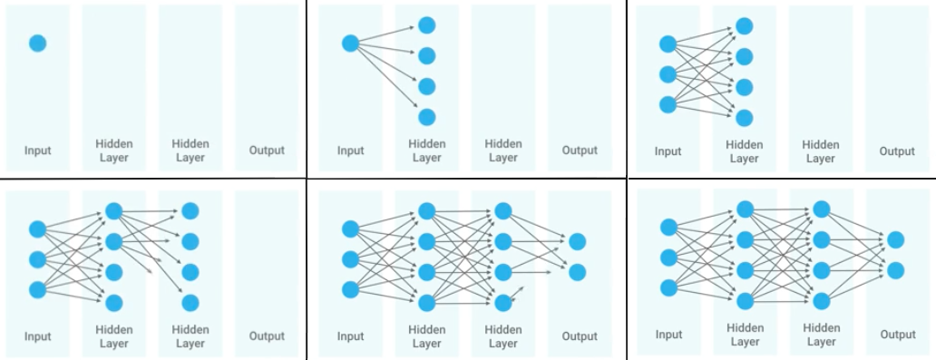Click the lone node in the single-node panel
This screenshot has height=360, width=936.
(x=37, y=43)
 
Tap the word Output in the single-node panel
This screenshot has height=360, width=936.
(x=267, y=151)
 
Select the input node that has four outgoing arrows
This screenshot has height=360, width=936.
(x=351, y=43)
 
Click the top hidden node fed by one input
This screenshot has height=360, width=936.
(x=426, y=25)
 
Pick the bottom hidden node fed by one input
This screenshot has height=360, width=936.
(x=426, y=117)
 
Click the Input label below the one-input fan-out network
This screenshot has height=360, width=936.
(x=351, y=151)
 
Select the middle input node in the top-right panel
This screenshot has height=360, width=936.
(x=668, y=74)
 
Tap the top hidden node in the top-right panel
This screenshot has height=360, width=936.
(x=745, y=26)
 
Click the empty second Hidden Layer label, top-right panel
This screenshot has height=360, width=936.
(x=820, y=151)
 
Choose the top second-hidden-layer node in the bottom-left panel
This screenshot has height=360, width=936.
(x=190, y=211)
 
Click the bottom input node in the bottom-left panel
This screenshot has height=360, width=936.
(x=37, y=290)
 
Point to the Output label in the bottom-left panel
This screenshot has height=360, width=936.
(x=267, y=336)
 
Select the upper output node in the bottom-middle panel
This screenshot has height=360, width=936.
(x=578, y=241)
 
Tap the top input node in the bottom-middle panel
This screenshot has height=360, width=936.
(x=351, y=229)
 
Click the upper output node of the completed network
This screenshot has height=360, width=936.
(x=895, y=239)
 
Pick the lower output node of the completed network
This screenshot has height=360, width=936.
(x=895, y=270)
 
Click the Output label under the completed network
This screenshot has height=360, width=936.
(x=897, y=335)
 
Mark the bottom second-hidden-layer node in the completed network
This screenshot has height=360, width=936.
(x=821, y=301)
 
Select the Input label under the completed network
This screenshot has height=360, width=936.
(x=668, y=335)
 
